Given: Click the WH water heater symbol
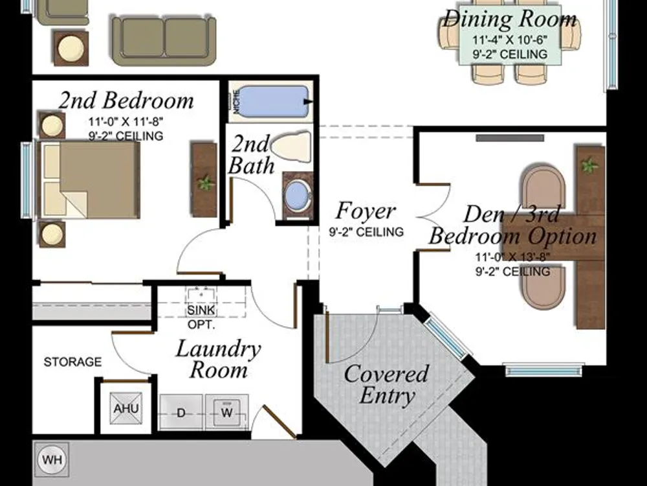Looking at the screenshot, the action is coord(52,459).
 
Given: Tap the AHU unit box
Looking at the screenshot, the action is coord(126,408).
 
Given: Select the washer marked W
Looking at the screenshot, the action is coord(226,412).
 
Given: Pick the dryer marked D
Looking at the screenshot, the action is coord(181,412).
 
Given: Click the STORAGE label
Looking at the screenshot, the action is coord(72,362).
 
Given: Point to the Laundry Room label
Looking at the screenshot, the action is coord(218,359).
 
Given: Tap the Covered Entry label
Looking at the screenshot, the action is coord(386,384).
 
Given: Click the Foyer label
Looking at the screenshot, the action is coord(366,211).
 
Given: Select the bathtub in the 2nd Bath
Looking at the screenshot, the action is coord(274,102).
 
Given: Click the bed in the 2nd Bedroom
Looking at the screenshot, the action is coord(90,179).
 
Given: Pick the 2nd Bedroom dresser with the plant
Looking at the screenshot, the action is coord(204,179).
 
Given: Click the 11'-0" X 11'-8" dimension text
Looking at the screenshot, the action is coord(126,122).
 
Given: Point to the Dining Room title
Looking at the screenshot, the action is coord(510,19).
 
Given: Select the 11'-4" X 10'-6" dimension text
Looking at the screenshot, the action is coord(510,40).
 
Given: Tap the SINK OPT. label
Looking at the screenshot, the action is coord(201,317).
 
